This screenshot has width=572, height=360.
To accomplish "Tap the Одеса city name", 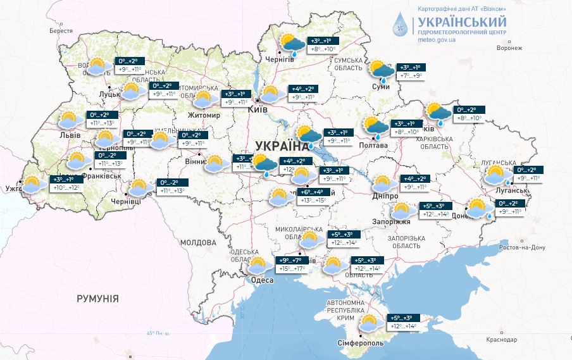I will pyautogui.click(x=263, y=280).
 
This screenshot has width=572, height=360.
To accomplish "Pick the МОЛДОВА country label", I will pyautogui.click(x=197, y=242).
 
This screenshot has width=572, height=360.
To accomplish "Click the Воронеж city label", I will pyautogui.click(x=509, y=48).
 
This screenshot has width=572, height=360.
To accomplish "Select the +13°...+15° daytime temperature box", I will pyautogui.click(x=313, y=201).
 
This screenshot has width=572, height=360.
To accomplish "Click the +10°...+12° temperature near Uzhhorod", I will pyautogui.click(x=67, y=188).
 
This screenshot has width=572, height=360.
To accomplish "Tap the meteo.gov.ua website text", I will pyautogui.click(x=437, y=39).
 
